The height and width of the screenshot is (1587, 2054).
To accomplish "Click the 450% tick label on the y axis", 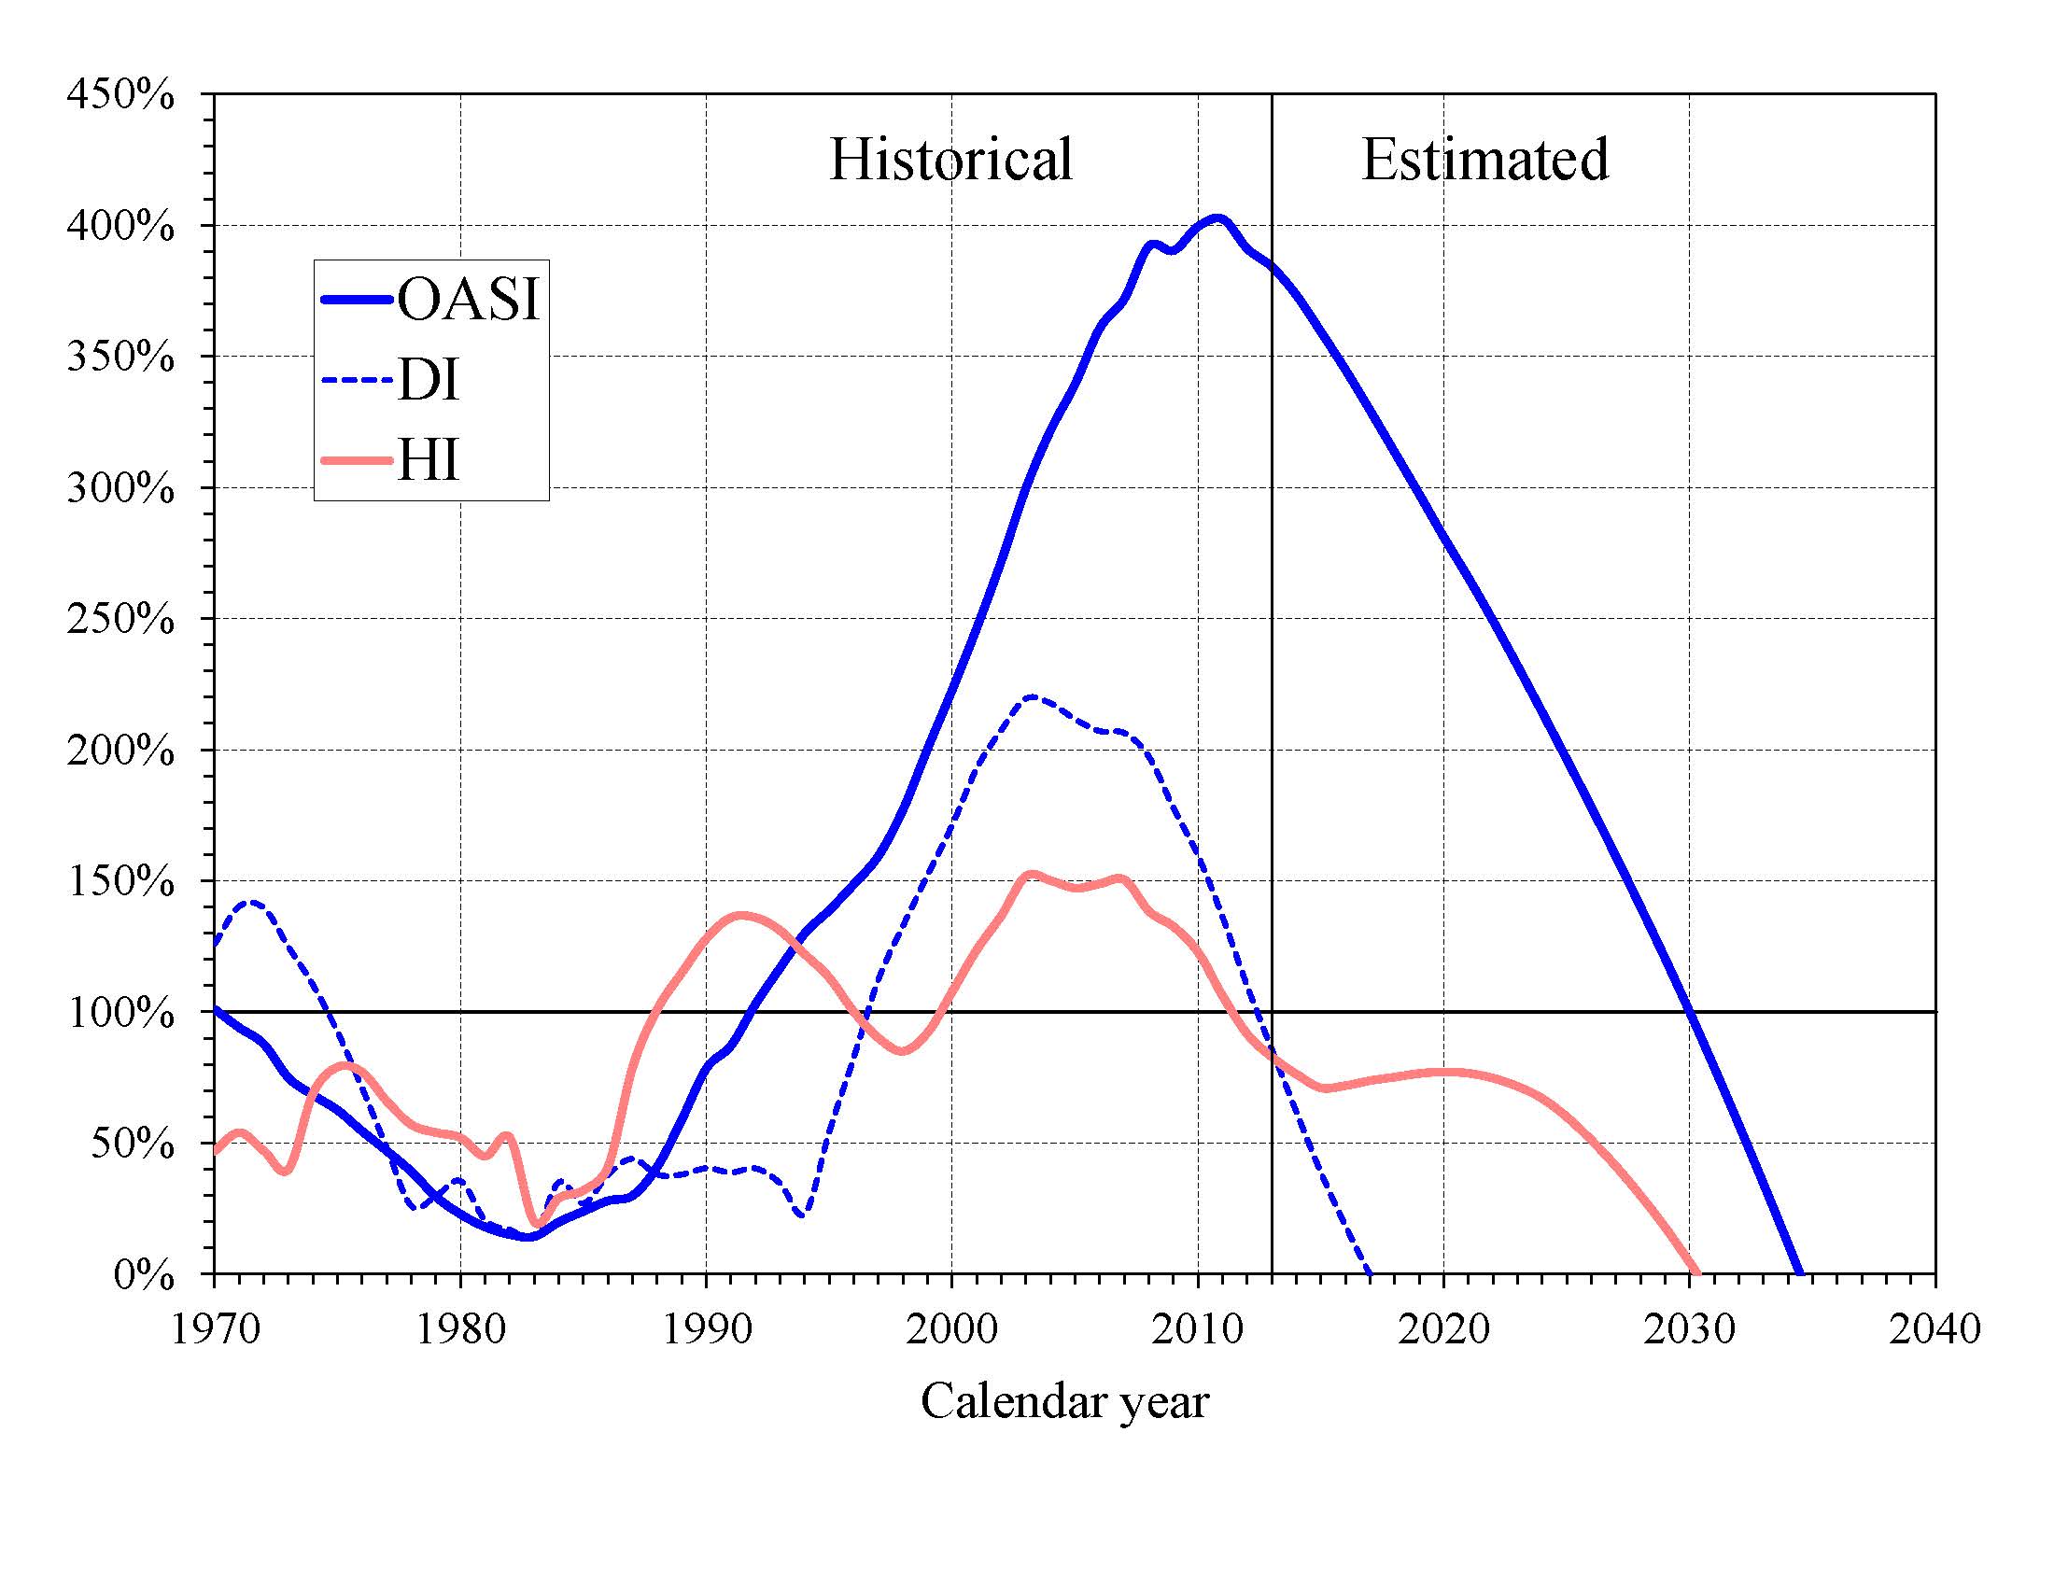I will pyautogui.click(x=120, y=95).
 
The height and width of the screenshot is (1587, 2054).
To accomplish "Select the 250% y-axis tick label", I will pyautogui.click(x=120, y=621).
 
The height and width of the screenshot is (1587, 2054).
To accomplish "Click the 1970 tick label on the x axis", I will pyautogui.click(x=216, y=1328).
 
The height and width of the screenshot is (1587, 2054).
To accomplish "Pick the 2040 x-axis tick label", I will pyautogui.click(x=1934, y=1328).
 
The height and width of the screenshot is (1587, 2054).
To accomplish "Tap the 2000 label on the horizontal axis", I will pyautogui.click(x=951, y=1328).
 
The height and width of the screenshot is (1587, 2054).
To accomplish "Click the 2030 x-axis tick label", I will pyautogui.click(x=1689, y=1328).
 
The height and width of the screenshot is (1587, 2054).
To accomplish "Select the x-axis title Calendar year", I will pyautogui.click(x=1064, y=1401).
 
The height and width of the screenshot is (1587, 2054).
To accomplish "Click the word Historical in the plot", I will pyautogui.click(x=950, y=159).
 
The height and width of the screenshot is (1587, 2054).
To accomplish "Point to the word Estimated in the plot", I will pyautogui.click(x=1485, y=159).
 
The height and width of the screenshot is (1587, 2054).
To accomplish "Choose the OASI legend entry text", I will pyautogui.click(x=469, y=299).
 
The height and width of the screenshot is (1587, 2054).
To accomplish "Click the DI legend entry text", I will pyautogui.click(x=428, y=381).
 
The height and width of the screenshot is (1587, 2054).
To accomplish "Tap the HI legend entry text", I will pyautogui.click(x=428, y=461).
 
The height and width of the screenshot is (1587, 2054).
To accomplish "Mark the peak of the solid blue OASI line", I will pyautogui.click(x=1217, y=219).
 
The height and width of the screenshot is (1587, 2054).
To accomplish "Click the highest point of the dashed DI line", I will pyautogui.click(x=1033, y=696).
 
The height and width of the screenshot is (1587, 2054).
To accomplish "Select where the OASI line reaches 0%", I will pyautogui.click(x=1800, y=1274).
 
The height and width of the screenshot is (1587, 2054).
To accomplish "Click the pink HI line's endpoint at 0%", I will pyautogui.click(x=1695, y=1273).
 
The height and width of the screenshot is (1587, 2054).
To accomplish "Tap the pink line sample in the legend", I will pyautogui.click(x=356, y=460).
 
